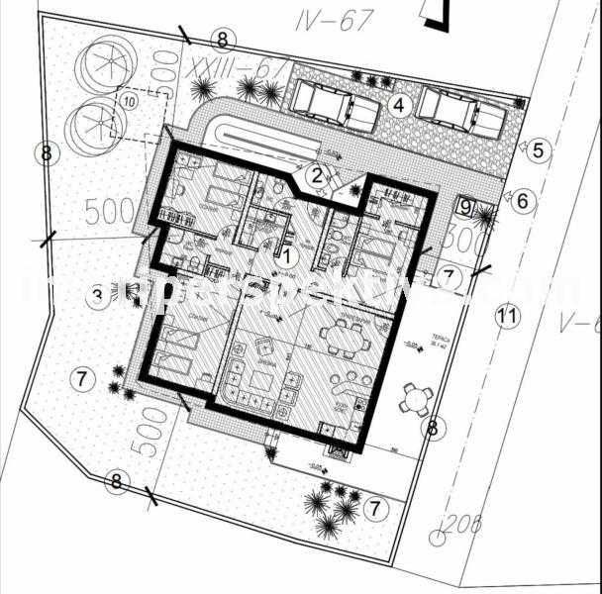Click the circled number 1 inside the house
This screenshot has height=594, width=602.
tap(288, 254)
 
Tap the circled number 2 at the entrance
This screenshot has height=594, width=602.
tap(316, 176)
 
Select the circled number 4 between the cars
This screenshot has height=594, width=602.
tap(399, 104)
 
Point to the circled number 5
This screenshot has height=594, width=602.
tap(539, 150)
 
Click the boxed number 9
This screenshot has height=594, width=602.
tap(466, 207)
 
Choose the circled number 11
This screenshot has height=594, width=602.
tap(506, 317)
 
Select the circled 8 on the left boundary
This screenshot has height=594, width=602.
tap(45, 153)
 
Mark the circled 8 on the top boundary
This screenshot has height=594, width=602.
tap(223, 40)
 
